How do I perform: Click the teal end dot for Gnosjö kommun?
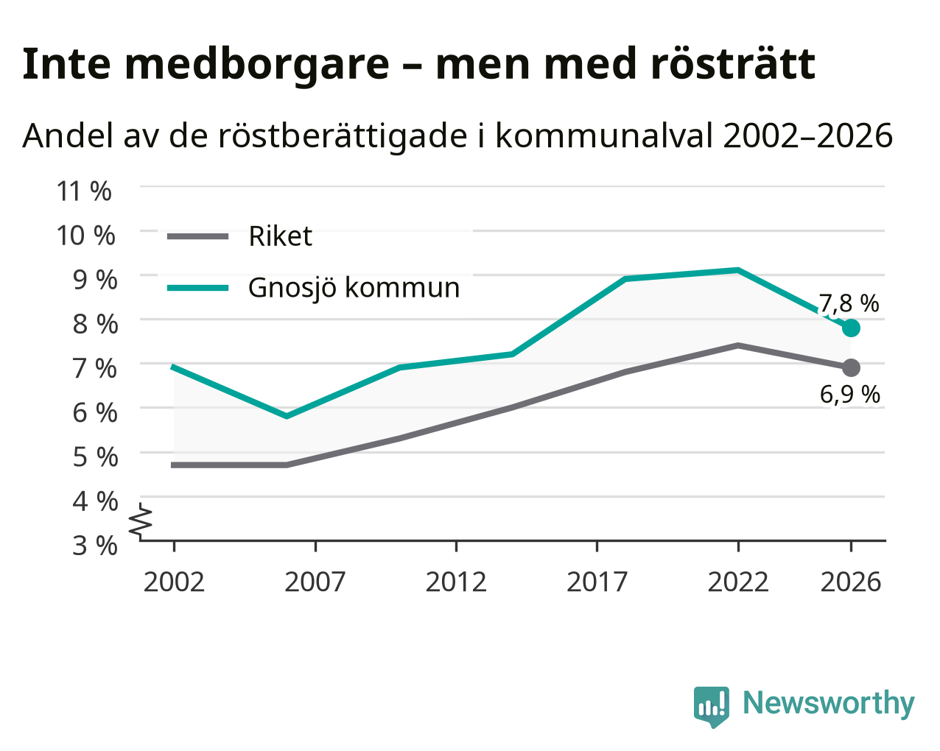pyautogui.click(x=850, y=328)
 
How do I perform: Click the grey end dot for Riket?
pyautogui.click(x=850, y=367)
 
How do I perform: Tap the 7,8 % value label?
pyautogui.click(x=848, y=303)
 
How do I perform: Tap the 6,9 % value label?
pyautogui.click(x=849, y=395)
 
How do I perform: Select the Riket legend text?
pyautogui.click(x=280, y=236)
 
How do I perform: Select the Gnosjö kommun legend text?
pyautogui.click(x=354, y=288)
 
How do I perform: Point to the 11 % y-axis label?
pyautogui.click(x=84, y=191)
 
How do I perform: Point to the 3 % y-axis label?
pyautogui.click(x=95, y=546)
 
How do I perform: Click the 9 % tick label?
pyautogui.click(x=95, y=280)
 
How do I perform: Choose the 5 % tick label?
pyautogui.click(x=95, y=456)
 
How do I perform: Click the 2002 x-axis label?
pyautogui.click(x=174, y=582)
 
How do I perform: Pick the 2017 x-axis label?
pyautogui.click(x=597, y=582)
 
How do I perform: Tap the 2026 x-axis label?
pyautogui.click(x=850, y=582)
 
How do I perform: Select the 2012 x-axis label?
pyautogui.click(x=455, y=582)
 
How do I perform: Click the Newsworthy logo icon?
pyautogui.click(x=712, y=707)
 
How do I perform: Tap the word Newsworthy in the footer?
pyautogui.click(x=829, y=703)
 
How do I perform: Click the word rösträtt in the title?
pyautogui.click(x=732, y=64)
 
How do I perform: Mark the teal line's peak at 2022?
pyautogui.click(x=737, y=270)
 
